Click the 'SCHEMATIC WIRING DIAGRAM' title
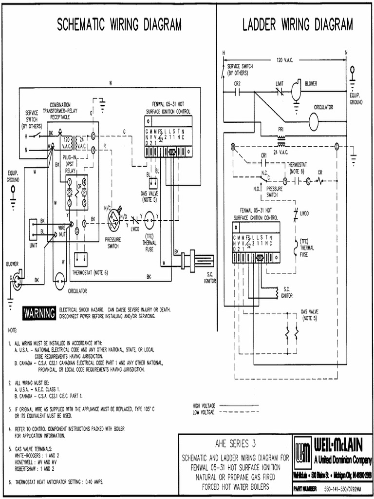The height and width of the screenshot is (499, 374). [119, 25]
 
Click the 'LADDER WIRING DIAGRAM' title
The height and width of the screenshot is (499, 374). [298, 25]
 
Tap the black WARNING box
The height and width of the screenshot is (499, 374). [39, 313]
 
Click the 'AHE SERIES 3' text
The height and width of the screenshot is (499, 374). [235, 444]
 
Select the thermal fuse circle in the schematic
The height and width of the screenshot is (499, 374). [149, 220]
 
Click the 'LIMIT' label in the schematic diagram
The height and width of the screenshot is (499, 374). [33, 246]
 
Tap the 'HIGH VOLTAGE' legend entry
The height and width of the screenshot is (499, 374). [204, 405]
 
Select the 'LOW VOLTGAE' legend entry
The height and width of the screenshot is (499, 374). [204, 412]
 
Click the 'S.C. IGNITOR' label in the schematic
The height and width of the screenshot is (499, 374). [210, 279]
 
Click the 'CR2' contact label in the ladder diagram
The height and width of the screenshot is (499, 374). [237, 83]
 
